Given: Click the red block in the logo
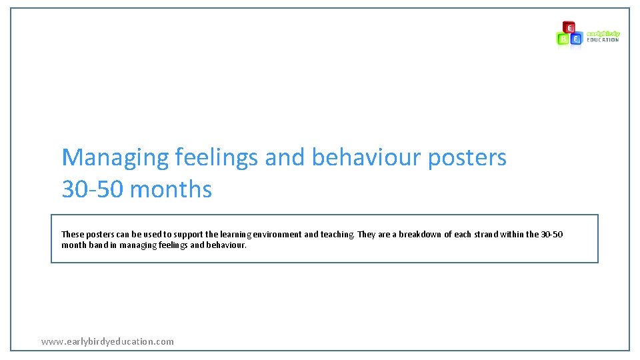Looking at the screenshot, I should (569, 27).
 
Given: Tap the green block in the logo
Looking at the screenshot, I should (563, 39).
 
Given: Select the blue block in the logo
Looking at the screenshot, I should (576, 39).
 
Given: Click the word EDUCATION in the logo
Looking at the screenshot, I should (603, 40).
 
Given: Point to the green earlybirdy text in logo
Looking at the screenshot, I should (603, 33).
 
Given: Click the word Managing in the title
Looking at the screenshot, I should (115, 158).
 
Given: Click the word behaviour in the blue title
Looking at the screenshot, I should (366, 158).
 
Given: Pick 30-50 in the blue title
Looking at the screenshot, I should (93, 189).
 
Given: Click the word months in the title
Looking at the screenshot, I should (171, 189).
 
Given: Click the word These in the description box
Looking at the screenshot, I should (73, 234).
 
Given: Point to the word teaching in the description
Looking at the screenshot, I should (337, 234).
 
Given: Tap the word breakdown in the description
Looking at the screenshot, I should (419, 234).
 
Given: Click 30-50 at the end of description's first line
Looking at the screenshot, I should (551, 234).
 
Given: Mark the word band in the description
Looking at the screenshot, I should (97, 245).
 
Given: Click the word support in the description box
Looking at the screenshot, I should (165, 234).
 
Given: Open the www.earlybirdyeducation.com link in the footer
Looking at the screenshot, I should (107, 341).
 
